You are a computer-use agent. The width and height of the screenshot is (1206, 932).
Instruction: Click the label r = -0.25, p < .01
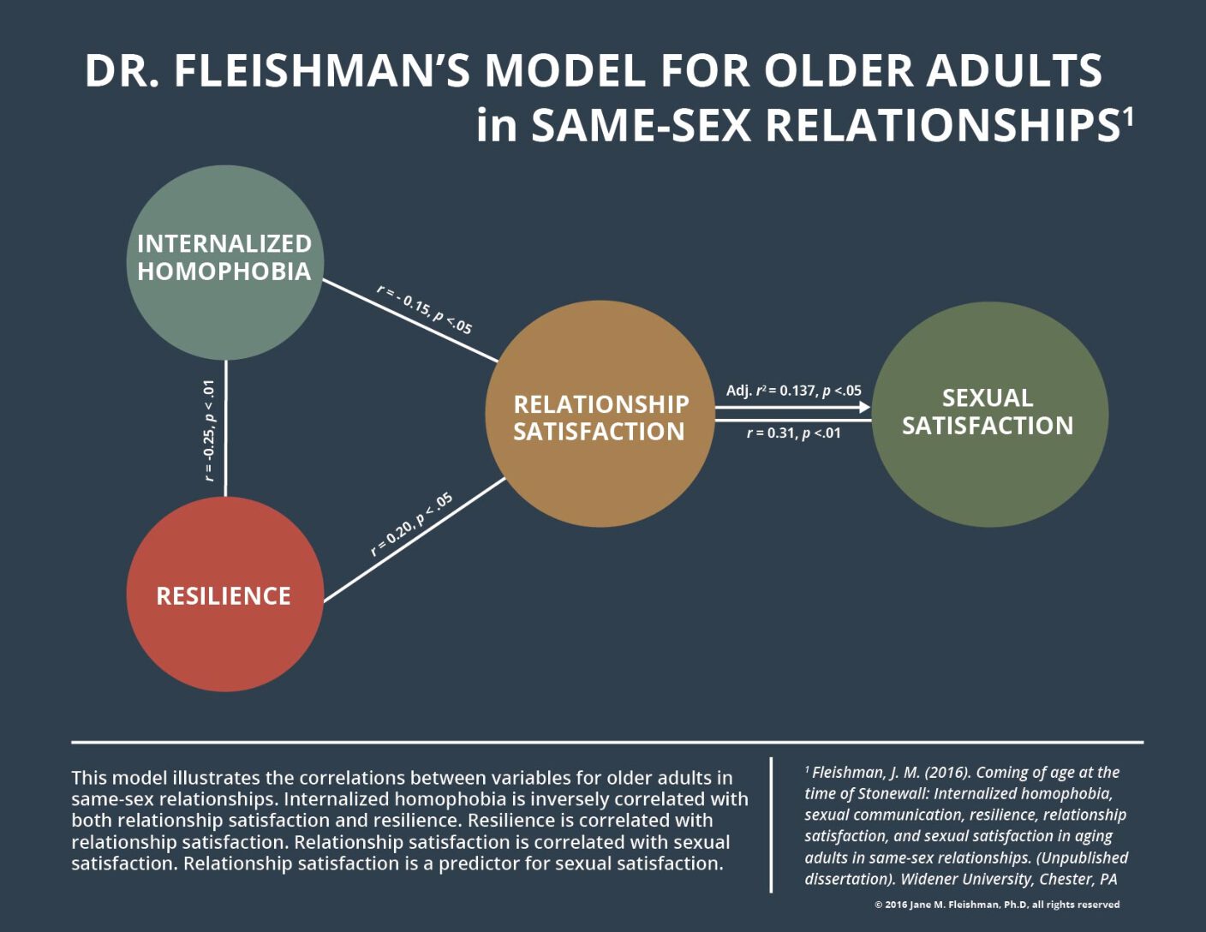[210, 430]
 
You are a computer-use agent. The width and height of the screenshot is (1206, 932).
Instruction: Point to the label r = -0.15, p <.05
[425, 309]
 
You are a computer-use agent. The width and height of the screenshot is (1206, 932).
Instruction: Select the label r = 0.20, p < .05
[411, 525]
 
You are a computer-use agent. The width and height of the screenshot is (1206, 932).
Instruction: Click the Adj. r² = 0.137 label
[794, 391]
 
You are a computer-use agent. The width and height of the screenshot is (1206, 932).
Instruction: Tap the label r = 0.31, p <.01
[794, 433]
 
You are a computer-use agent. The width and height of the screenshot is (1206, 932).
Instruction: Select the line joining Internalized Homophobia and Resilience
[225, 428]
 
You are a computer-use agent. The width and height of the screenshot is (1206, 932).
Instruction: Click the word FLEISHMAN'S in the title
[322, 71]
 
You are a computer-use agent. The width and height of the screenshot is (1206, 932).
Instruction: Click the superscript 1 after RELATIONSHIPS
[1128, 115]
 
